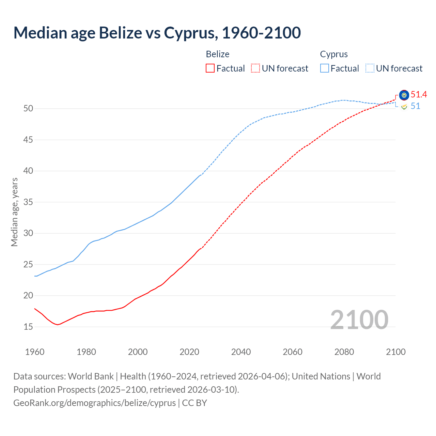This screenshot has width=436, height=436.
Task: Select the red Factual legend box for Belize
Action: click(x=210, y=68)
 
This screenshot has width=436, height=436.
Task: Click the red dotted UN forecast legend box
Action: click(x=255, y=68)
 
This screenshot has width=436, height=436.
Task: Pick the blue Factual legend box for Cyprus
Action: click(x=325, y=68)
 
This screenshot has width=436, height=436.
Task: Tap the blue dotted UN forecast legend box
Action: click(x=370, y=68)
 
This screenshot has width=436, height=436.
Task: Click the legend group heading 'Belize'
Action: click(x=218, y=54)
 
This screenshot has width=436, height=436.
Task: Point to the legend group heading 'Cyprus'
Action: click(x=334, y=54)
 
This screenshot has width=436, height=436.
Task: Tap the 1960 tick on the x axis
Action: click(x=35, y=352)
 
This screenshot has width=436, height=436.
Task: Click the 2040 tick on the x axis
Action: click(x=241, y=352)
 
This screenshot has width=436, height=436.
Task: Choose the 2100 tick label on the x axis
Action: click(x=395, y=352)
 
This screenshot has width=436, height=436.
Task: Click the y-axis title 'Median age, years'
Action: click(x=14, y=212)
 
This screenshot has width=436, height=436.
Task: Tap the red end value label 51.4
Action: click(x=419, y=95)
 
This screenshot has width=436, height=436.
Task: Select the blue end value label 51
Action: click(x=415, y=106)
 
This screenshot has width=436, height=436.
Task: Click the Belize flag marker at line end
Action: click(x=404, y=95)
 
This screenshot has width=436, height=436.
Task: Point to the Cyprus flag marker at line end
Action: click(x=404, y=107)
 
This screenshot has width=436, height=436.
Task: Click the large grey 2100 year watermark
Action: click(x=359, y=320)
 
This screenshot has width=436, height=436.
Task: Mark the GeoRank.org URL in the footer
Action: click(x=94, y=403)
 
